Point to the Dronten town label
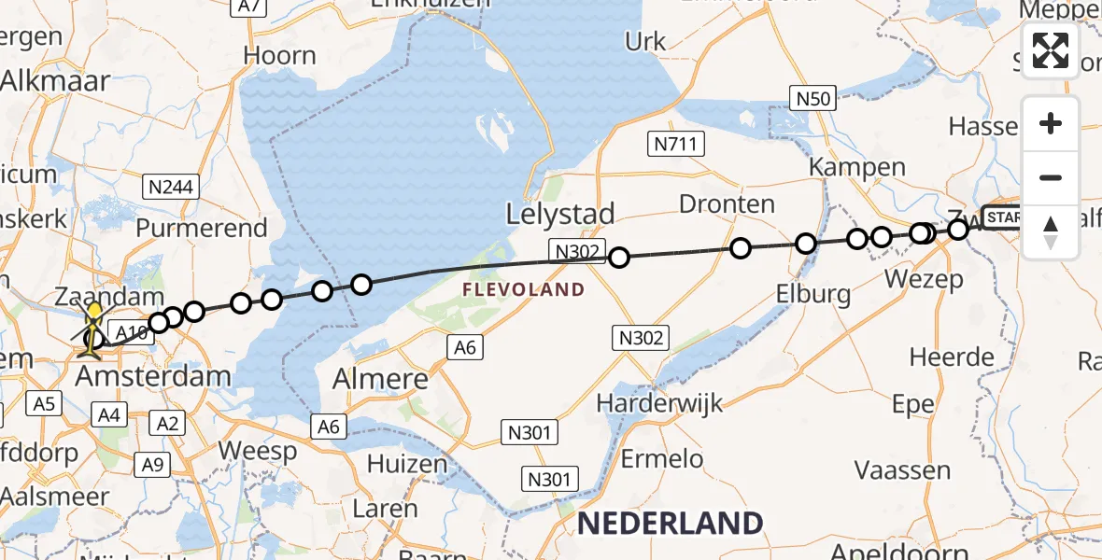(727, 204)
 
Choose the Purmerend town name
(202, 228)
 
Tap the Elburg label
(813, 295)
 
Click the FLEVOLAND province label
(523, 290)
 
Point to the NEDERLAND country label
(670, 523)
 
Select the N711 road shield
(676, 144)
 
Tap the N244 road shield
(171, 187)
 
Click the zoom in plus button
(1051, 123)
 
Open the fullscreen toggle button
(1051, 50)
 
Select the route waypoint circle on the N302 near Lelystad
(618, 258)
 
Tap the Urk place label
(645, 41)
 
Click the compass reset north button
(1051, 231)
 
